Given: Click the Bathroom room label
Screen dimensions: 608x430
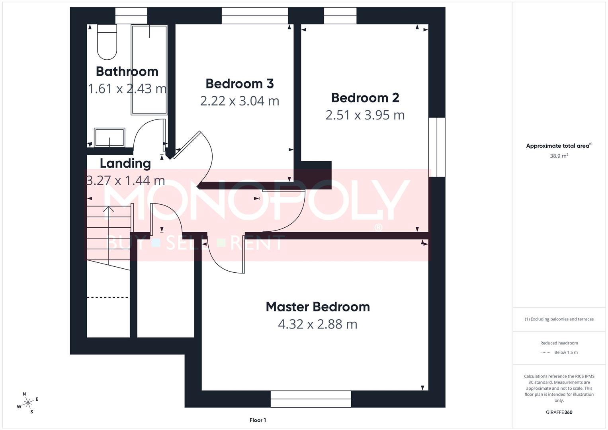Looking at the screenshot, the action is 127,71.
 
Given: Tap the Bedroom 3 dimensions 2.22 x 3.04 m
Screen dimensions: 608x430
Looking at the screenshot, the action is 240,101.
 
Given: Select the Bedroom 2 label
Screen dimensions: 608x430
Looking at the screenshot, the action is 365,98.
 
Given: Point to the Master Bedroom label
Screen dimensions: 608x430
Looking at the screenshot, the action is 318,307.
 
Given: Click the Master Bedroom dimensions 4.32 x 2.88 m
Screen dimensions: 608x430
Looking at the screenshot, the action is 318,324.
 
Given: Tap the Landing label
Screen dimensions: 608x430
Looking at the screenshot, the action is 125,163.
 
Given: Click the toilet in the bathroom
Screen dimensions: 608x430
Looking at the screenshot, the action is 107,42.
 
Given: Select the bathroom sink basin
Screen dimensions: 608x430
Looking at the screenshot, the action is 109,137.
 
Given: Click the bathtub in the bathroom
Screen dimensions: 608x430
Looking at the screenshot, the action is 149,70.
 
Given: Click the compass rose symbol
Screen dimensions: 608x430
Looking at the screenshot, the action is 28,403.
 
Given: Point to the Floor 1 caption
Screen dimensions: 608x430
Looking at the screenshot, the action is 258,420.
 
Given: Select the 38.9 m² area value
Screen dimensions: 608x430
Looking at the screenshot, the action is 559,156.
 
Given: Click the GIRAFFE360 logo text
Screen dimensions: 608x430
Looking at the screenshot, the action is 559,412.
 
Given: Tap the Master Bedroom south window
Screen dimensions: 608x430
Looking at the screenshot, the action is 311,399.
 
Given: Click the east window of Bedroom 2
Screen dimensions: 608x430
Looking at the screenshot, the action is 437,147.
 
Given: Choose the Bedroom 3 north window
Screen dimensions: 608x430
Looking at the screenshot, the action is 254,16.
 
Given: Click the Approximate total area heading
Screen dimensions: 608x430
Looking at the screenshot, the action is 559,146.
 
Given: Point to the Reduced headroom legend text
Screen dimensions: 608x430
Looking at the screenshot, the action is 559,343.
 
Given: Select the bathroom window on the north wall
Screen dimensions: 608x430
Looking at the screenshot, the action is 131,16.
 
